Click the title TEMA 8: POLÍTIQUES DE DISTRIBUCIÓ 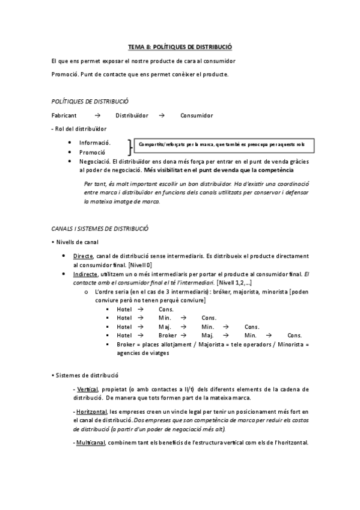pyautogui.click(x=180, y=46)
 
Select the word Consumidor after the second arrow pyautogui.click(x=197, y=115)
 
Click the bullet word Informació pyautogui.click(x=94, y=143)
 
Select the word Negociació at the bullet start pyautogui.click(x=94, y=162)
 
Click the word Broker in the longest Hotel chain pyautogui.click(x=168, y=335)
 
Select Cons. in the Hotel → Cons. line pyautogui.click(x=157, y=309)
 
